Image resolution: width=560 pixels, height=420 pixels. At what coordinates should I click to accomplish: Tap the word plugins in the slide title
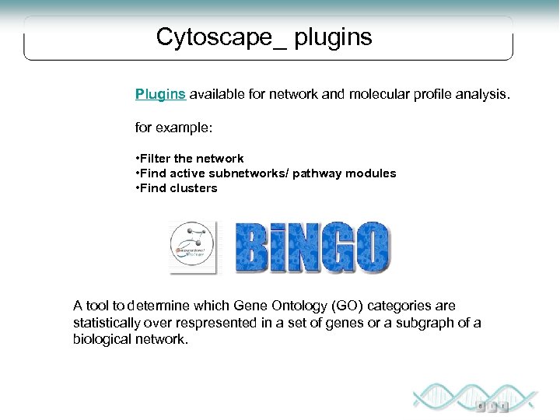[333, 37]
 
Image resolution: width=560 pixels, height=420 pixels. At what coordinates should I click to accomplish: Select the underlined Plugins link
[160, 94]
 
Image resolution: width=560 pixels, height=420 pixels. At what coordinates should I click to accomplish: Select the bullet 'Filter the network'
[190, 159]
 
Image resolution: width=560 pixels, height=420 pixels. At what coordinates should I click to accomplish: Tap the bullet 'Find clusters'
[177, 188]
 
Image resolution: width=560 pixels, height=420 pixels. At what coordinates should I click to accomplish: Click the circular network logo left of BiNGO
[192, 247]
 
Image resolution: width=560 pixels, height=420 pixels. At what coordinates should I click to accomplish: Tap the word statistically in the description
[107, 323]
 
